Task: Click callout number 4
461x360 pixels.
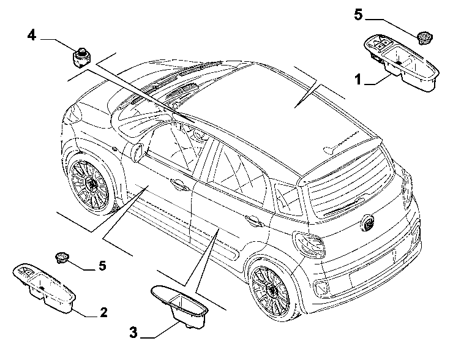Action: point(32,36)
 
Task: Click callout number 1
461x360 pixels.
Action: point(358,79)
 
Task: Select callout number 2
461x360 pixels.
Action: point(103,312)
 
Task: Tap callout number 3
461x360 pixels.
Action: point(133,332)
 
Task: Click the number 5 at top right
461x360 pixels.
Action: point(358,15)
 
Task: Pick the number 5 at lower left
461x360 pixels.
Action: point(102,266)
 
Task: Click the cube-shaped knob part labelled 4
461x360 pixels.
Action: point(81,58)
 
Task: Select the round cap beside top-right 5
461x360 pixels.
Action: point(424,37)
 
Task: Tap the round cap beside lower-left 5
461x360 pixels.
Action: point(62,258)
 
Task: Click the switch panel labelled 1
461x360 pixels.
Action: point(402,62)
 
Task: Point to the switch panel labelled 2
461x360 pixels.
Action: point(44,286)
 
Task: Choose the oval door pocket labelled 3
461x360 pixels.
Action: point(179,306)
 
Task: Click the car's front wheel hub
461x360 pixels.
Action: point(92,185)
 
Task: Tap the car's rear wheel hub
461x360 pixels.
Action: point(272,290)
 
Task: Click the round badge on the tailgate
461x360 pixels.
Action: point(367,222)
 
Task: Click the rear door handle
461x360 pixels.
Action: point(253,220)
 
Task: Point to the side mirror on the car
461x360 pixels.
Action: point(138,151)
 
